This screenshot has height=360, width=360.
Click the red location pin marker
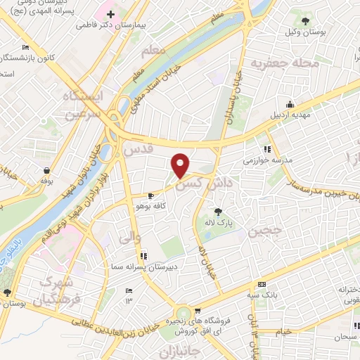click(181, 165)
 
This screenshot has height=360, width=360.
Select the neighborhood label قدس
click(138, 150)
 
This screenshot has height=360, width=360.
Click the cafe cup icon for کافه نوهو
click(150, 196)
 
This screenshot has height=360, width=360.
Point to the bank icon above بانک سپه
click(262, 283)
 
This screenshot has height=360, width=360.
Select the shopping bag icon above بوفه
click(46, 169)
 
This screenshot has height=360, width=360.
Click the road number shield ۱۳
click(129, 300)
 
